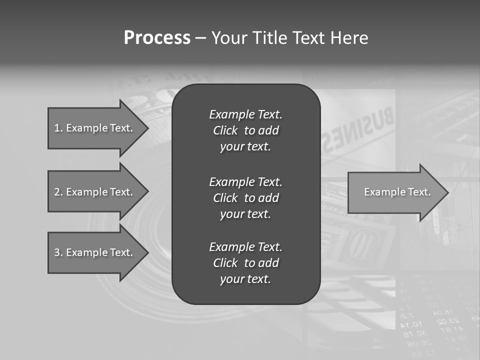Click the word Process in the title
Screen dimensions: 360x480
[157, 37]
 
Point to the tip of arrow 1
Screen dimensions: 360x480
[148, 128]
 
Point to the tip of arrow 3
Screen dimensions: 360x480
[148, 252]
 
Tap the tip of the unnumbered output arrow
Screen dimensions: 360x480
[448, 192]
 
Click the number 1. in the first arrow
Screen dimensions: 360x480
[58, 128]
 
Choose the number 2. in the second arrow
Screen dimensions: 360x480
[58, 192]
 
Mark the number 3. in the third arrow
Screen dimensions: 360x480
[58, 252]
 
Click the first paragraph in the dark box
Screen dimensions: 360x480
[245, 130]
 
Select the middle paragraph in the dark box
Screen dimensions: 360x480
[245, 197]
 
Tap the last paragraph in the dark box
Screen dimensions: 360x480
[245, 263]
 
